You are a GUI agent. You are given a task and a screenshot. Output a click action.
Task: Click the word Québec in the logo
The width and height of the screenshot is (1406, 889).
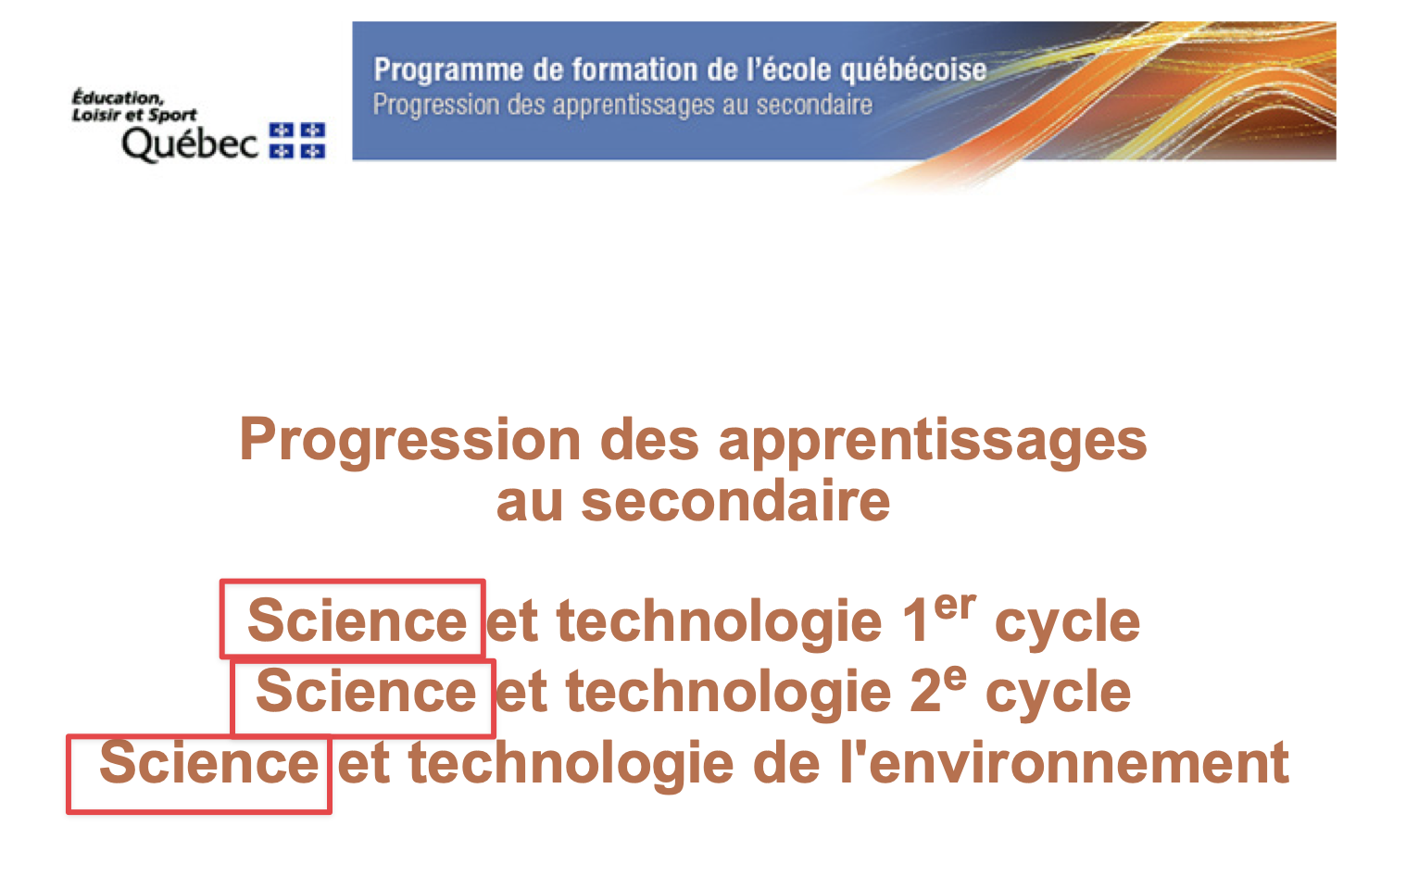click(190, 144)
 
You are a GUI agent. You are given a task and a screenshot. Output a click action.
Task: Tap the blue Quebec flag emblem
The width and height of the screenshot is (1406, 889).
click(297, 141)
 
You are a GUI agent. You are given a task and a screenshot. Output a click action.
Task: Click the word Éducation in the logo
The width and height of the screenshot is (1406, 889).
click(118, 98)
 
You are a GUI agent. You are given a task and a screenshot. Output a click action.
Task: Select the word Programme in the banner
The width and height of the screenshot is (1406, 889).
click(448, 69)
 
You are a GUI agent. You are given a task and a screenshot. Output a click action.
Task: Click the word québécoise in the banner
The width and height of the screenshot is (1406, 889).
click(913, 70)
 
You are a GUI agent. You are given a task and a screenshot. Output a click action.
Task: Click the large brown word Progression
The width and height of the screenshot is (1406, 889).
click(410, 442)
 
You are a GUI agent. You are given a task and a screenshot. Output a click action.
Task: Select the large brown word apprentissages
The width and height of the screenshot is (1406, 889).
click(933, 442)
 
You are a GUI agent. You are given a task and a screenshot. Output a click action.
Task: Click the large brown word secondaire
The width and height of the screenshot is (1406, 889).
click(735, 502)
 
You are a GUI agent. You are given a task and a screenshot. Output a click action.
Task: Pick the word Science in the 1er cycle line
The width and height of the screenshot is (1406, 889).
click(358, 620)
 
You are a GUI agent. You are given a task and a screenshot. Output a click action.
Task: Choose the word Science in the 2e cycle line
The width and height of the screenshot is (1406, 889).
click(366, 691)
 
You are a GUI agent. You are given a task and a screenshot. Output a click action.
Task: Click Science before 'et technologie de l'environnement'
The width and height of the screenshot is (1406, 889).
click(209, 762)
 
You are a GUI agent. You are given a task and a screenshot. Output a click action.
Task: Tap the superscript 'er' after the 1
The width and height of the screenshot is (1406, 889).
click(955, 606)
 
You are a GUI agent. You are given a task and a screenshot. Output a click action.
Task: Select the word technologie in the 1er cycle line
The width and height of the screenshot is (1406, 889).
click(720, 622)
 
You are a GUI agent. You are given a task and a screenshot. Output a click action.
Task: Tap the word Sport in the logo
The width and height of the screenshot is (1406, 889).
click(172, 116)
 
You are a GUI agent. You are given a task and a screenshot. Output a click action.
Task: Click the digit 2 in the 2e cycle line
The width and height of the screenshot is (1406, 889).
click(925, 692)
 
